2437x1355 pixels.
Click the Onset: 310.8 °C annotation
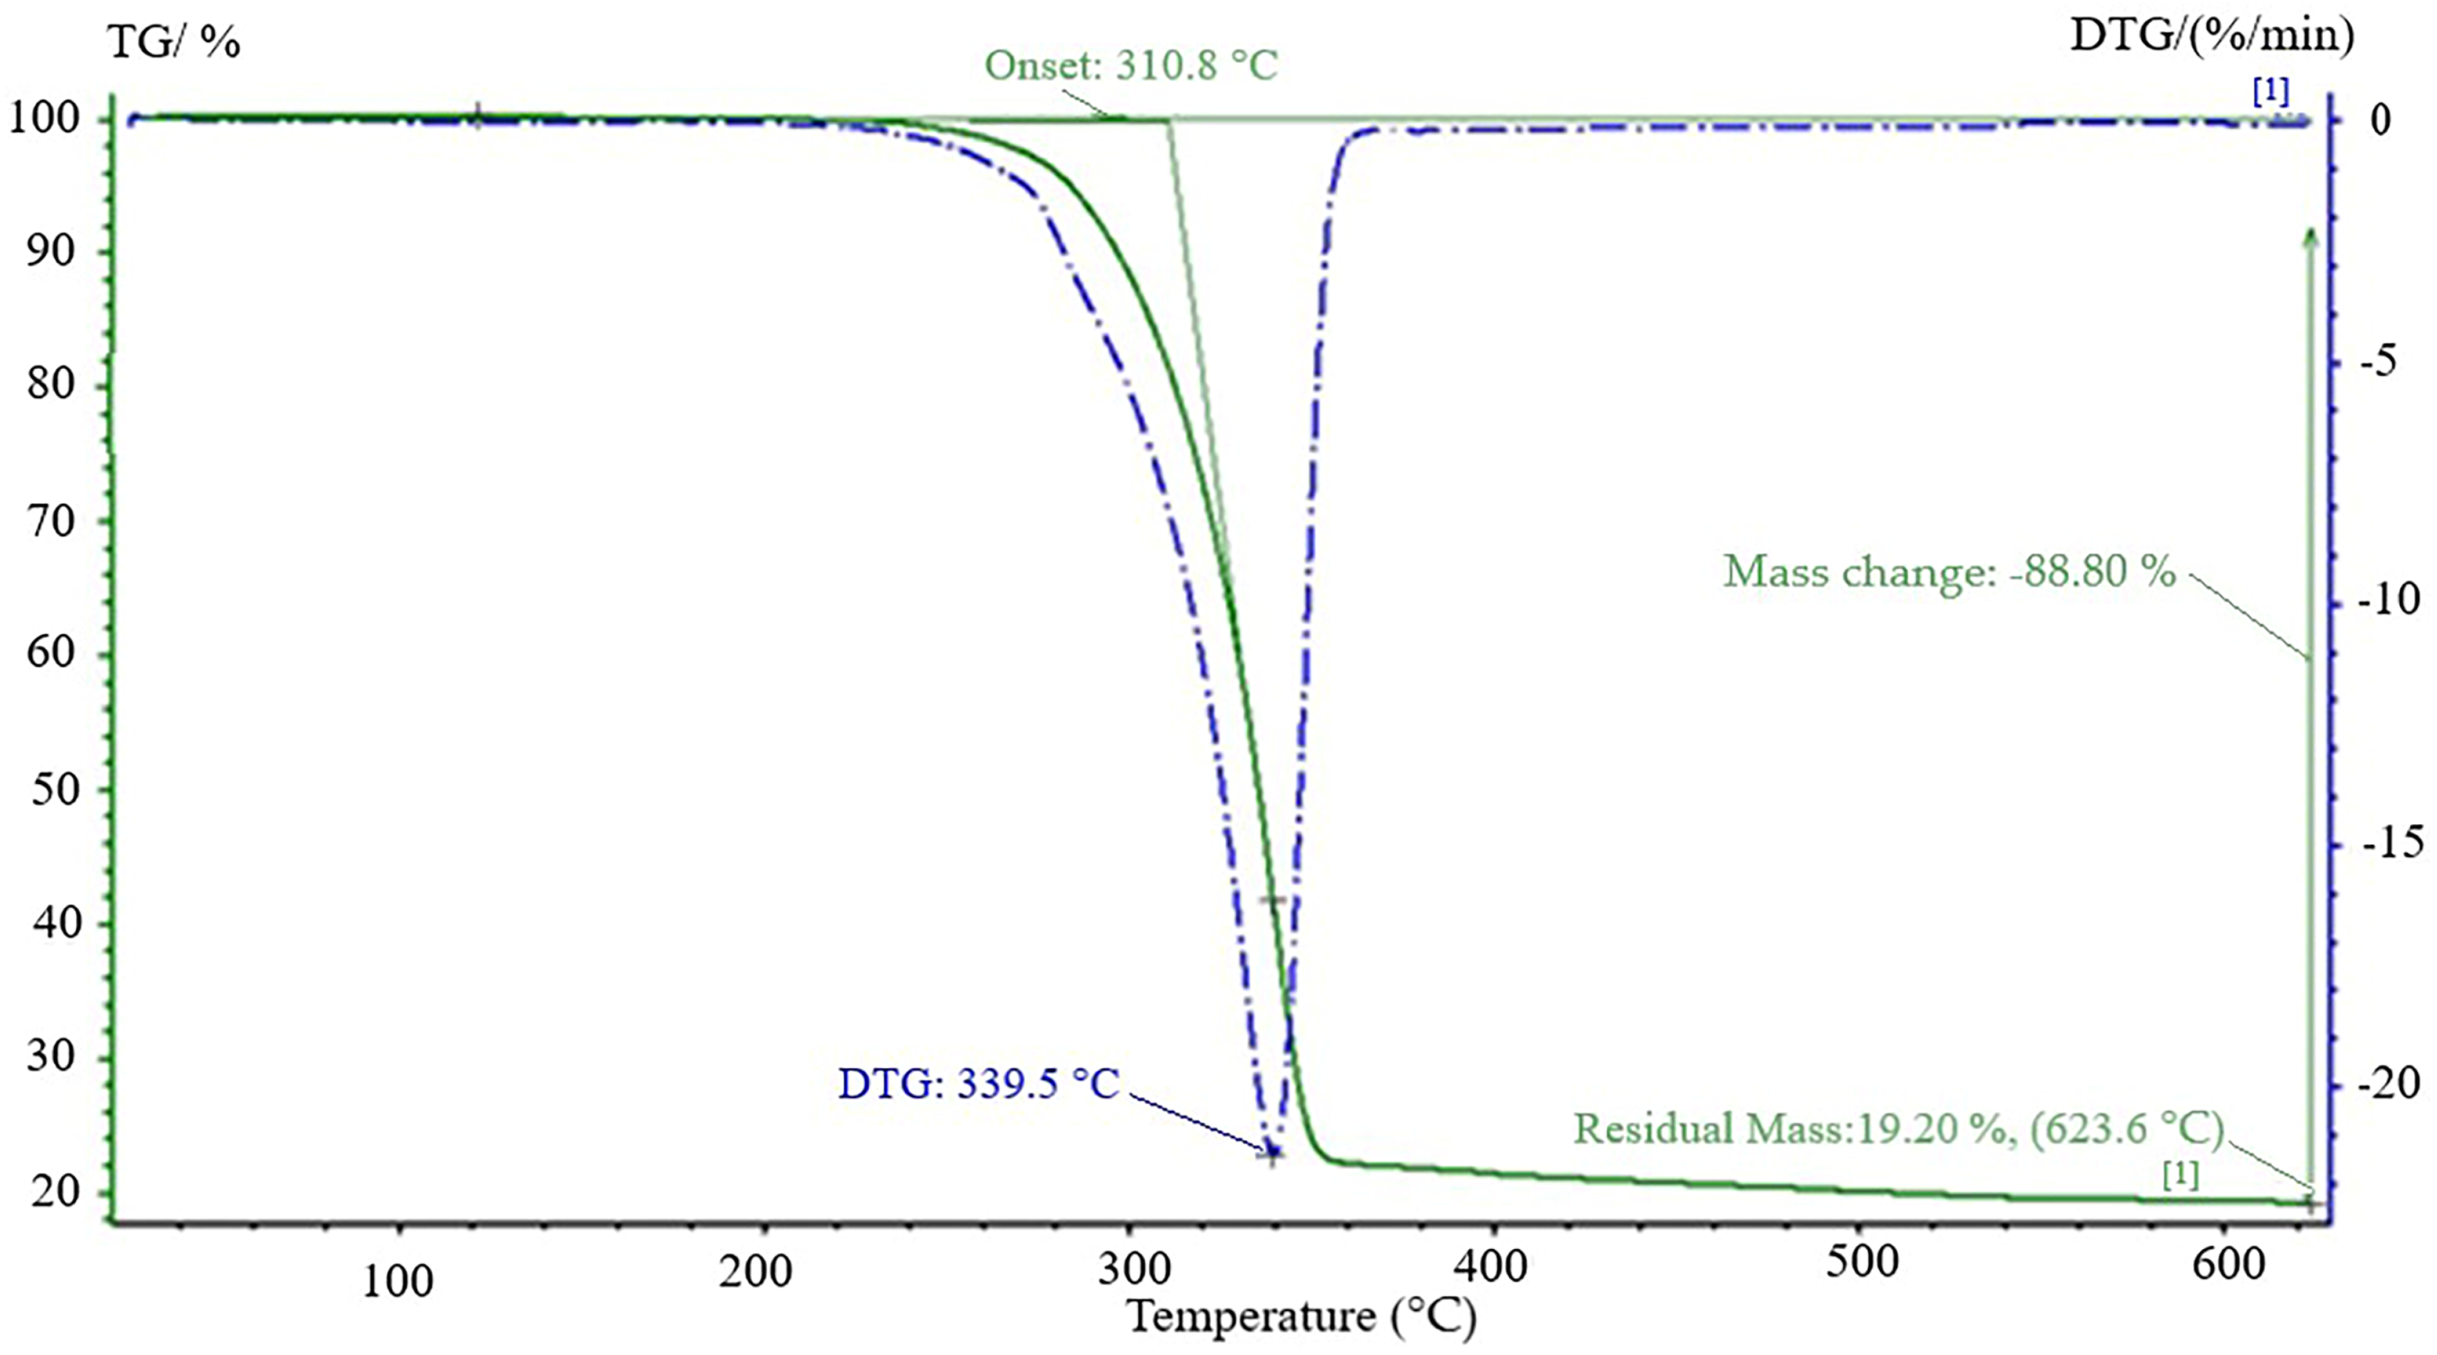pos(1131,66)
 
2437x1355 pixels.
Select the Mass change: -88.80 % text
pos(1949,572)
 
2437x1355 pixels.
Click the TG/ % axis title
pos(174,43)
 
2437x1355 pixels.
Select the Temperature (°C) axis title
pos(1302,1316)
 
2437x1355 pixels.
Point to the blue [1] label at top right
pos(2271,92)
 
